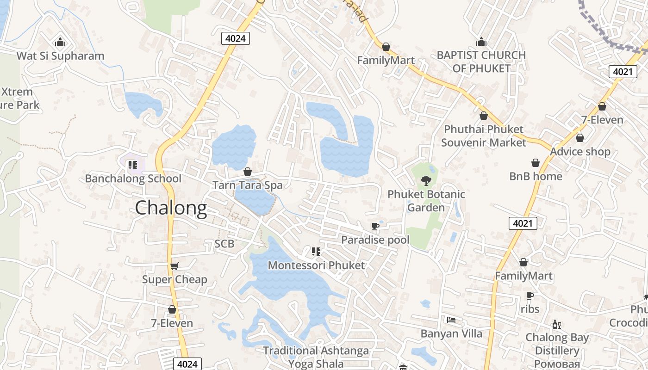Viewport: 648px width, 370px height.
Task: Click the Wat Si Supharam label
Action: tap(60, 56)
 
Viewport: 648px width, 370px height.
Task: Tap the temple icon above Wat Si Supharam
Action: tap(60, 43)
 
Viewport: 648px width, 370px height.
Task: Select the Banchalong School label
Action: tap(133, 179)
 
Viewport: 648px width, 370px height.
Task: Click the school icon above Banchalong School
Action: tap(133, 165)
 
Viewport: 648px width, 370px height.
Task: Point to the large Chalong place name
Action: tap(171, 208)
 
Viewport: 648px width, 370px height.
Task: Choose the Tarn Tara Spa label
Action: tap(247, 185)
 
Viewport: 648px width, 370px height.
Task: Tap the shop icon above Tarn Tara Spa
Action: tap(248, 172)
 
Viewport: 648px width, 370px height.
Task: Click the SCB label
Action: tap(224, 244)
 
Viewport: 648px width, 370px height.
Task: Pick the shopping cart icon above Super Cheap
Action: tap(174, 266)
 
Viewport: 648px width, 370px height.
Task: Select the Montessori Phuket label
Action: tap(316, 265)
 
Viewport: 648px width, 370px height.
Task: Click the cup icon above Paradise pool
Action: tap(375, 226)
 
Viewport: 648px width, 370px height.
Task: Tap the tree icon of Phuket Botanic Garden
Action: tap(426, 181)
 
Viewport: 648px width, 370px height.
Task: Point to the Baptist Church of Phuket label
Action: tap(481, 62)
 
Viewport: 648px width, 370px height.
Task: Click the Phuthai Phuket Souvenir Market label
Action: tap(484, 136)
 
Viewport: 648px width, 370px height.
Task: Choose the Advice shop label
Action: tap(580, 152)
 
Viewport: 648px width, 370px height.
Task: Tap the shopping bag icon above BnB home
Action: tap(536, 163)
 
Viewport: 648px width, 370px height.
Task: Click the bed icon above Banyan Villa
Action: tap(451, 320)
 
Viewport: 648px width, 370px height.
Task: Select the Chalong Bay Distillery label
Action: tap(557, 344)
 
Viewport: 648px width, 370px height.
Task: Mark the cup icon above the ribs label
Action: tap(530, 296)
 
